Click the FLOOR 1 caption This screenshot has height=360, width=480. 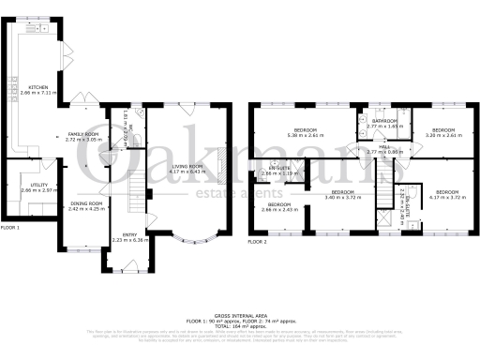tap(10, 228)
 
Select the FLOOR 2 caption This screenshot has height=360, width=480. tap(259, 242)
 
